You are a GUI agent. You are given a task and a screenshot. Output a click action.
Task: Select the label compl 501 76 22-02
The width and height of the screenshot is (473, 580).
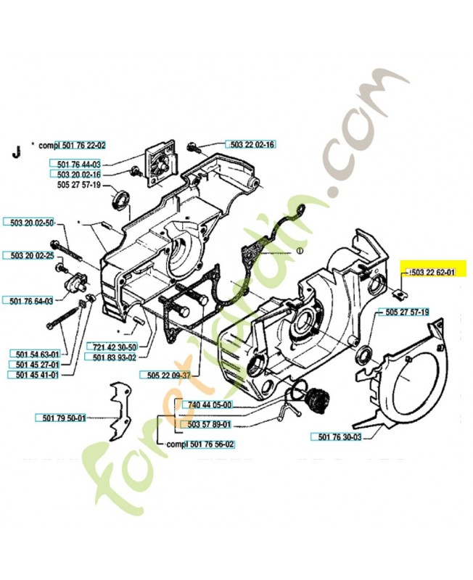[73, 145]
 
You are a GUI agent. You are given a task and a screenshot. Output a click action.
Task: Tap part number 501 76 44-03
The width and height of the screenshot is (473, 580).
[78, 165]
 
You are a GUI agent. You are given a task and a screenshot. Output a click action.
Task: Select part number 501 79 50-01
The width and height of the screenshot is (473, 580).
[61, 418]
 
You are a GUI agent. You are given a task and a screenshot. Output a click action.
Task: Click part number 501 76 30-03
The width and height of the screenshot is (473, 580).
[339, 436]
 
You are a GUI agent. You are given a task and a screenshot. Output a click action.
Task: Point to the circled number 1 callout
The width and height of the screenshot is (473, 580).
[297, 252]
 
